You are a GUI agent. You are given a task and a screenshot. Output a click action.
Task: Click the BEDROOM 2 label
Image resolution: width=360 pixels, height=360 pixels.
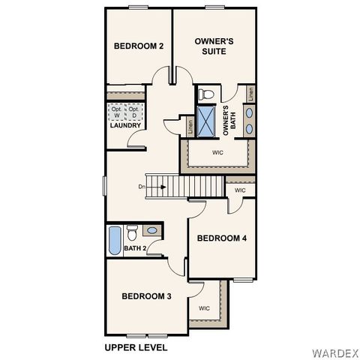pyautogui.click(x=139, y=46)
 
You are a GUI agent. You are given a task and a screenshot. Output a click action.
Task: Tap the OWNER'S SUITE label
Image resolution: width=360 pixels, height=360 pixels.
pyautogui.click(x=214, y=46)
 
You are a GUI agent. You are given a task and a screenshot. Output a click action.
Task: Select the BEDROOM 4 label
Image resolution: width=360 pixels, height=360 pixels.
pyautogui.click(x=222, y=238)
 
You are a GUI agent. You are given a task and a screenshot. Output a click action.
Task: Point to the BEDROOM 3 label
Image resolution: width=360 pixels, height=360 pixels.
pyautogui.click(x=146, y=296)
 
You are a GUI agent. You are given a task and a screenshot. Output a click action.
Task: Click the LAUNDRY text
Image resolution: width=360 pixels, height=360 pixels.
pyautogui.click(x=124, y=125)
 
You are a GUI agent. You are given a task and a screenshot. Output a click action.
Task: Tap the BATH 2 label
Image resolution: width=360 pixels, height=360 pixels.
pyautogui.click(x=135, y=247)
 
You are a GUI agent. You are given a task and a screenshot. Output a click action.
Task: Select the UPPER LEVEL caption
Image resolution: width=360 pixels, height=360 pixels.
pyautogui.click(x=135, y=347)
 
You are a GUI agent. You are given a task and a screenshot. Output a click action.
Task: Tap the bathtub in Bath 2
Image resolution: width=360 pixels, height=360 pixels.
pyautogui.click(x=114, y=240)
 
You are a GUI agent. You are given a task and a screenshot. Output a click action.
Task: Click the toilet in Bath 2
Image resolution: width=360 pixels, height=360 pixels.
pyautogui.click(x=132, y=232)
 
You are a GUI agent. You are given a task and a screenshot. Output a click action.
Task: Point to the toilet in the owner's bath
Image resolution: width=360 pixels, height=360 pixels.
pyautogui.click(x=208, y=94)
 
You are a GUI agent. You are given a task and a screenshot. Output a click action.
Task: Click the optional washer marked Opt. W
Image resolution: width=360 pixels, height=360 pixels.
pyautogui.click(x=116, y=112)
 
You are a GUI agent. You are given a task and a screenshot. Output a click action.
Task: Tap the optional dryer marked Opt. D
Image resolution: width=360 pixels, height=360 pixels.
pyautogui.click(x=133, y=112)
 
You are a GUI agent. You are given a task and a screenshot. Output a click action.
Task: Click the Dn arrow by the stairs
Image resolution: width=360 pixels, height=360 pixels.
pyautogui.click(x=145, y=186)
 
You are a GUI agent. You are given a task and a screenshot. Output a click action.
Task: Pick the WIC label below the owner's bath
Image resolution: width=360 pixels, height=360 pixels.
pyautogui.click(x=217, y=152)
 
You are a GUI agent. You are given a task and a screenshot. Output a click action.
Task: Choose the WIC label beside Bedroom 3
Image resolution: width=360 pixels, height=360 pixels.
pyautogui.click(x=204, y=308)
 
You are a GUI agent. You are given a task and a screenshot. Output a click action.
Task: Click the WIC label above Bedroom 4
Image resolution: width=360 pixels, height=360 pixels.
pyautogui.click(x=239, y=190)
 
